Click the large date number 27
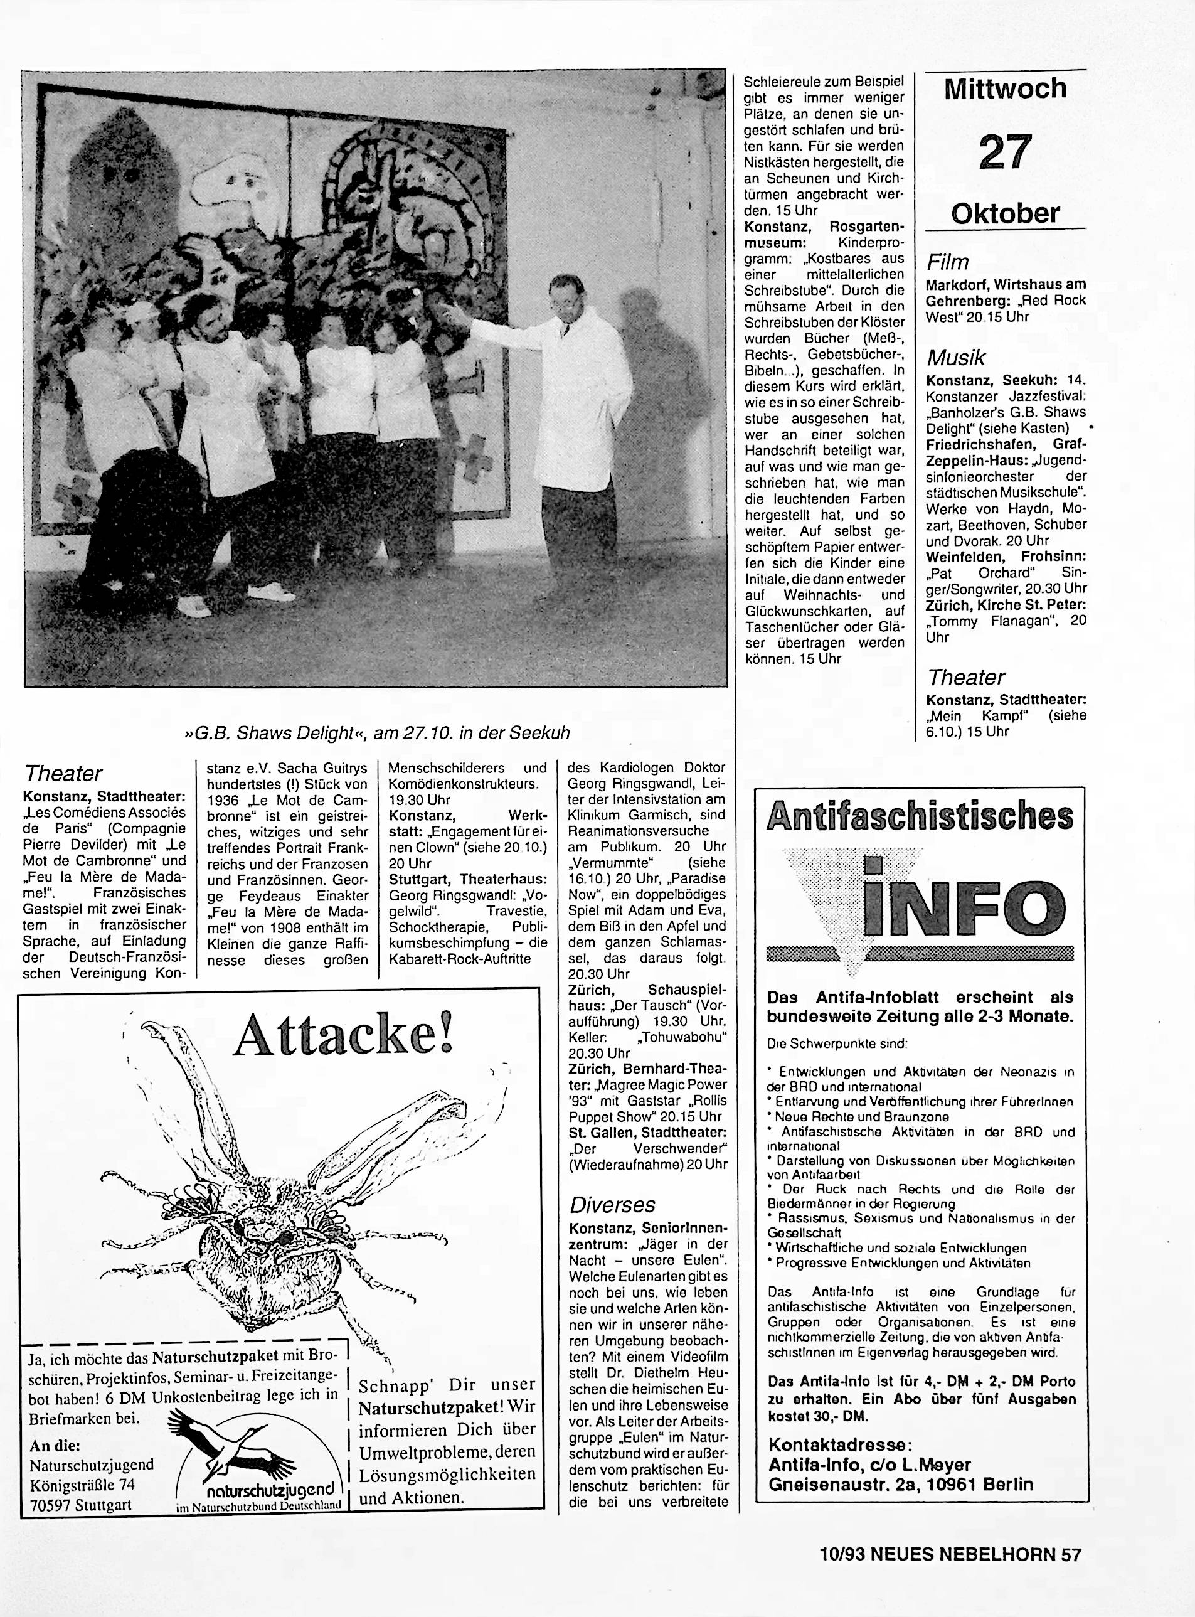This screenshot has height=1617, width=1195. pos(1005,152)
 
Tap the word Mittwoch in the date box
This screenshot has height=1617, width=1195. pos(1005,89)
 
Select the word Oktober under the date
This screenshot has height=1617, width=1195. pos(1006,213)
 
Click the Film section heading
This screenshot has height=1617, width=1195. pos(948,262)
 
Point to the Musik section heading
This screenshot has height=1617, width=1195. pos(955,358)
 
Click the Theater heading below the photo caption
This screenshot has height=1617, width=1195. pos(63,774)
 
